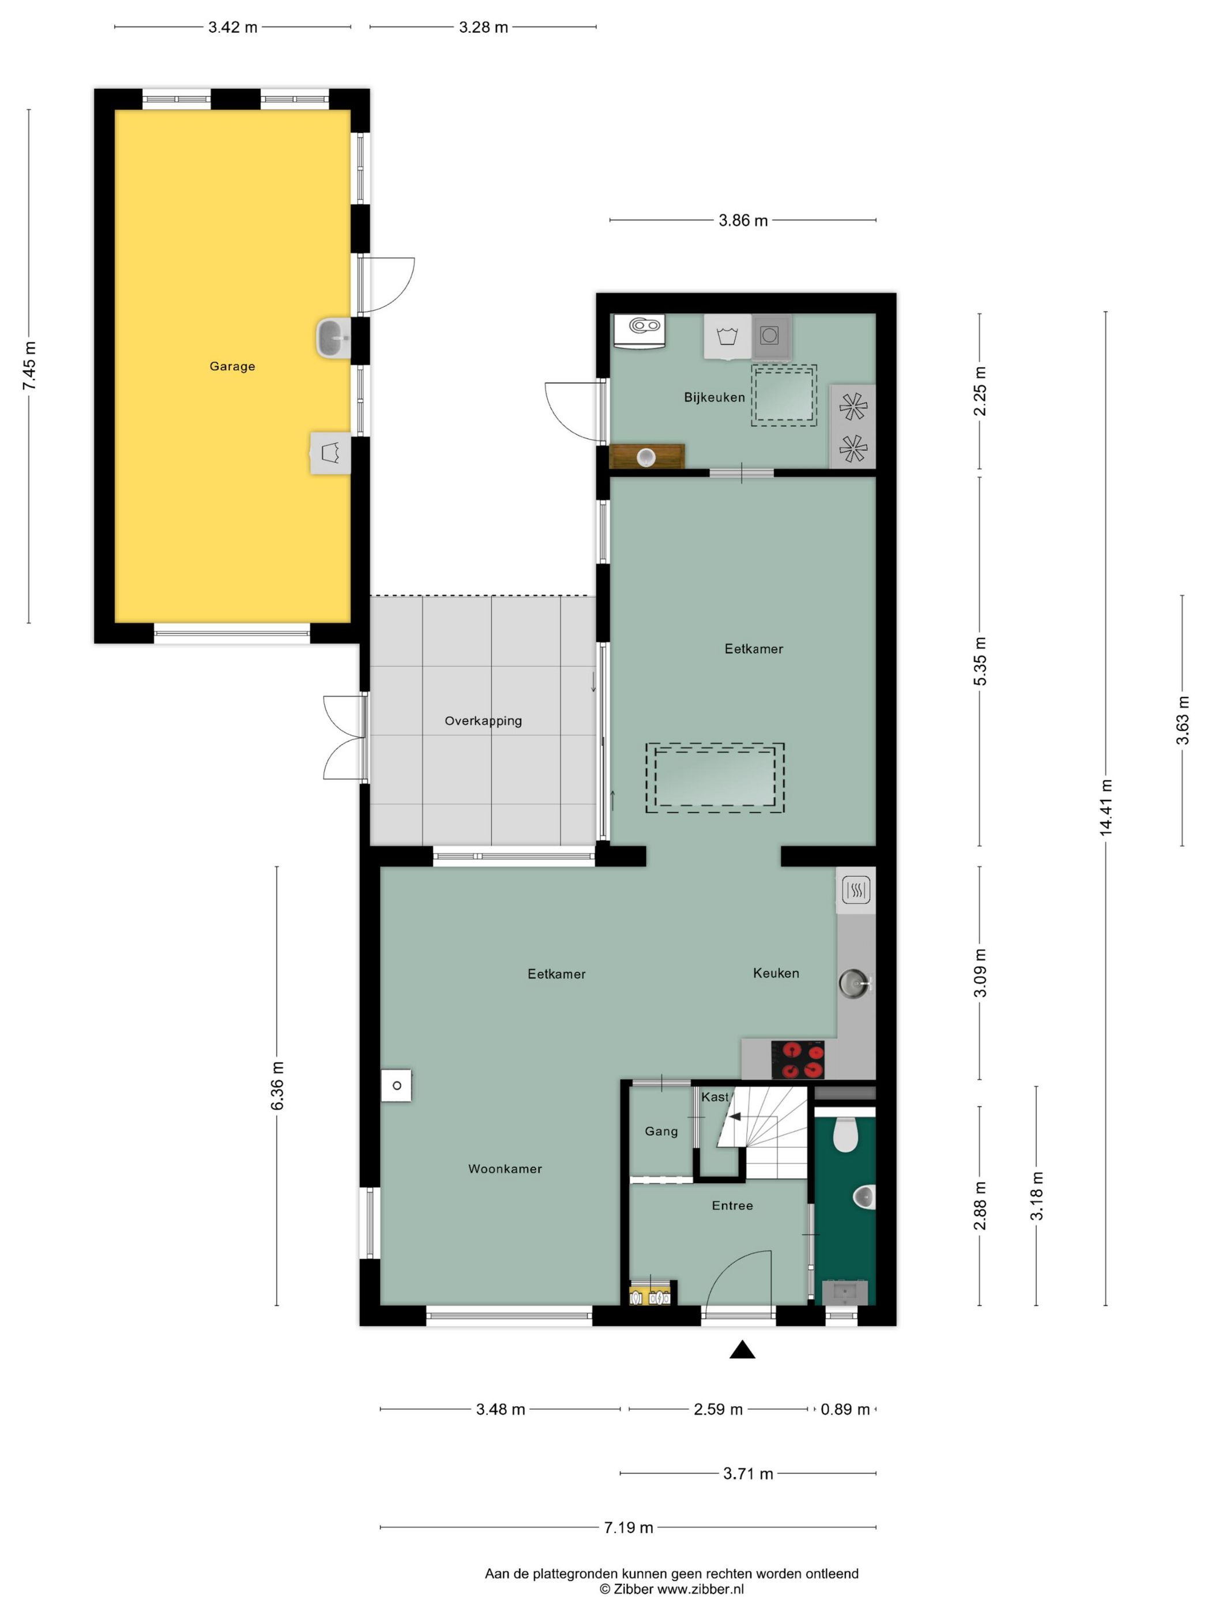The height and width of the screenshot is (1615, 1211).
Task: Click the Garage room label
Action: point(232,366)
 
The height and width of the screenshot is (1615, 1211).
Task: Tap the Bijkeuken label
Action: point(714,397)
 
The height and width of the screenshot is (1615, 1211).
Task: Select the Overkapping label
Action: point(483,720)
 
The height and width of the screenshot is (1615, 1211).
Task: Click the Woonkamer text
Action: point(505,1169)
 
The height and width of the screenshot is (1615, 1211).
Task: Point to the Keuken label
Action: point(776,973)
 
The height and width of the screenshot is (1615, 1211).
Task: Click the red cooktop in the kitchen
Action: point(798,1060)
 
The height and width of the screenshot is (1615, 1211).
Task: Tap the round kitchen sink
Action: point(852,983)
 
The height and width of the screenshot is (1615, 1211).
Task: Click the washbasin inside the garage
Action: point(333,338)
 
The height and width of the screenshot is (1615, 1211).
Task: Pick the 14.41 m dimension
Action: point(1106,807)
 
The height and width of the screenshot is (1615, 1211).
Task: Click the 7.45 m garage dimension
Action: point(29,365)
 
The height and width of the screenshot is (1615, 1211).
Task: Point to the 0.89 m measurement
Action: point(845,1410)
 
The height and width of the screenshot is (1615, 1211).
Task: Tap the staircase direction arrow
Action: point(734,1117)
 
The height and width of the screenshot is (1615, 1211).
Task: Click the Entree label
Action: point(732,1205)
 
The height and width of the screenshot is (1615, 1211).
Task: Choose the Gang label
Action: point(661,1132)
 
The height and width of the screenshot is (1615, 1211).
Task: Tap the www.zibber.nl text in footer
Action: point(700,1588)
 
